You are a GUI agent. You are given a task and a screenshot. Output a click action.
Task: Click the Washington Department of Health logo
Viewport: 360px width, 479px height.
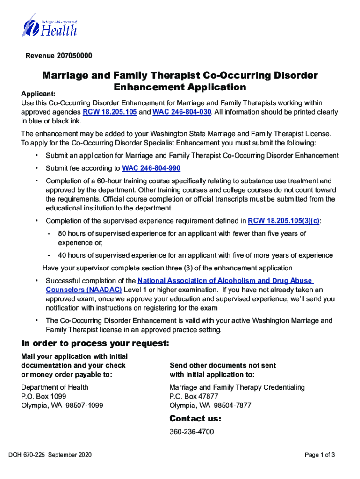click(49, 26)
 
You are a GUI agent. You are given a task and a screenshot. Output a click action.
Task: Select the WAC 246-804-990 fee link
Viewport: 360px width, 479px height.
click(151, 168)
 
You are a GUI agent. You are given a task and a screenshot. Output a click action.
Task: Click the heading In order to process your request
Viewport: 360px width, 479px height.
click(95, 344)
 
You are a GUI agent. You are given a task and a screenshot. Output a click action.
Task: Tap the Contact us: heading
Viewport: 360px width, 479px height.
click(195, 418)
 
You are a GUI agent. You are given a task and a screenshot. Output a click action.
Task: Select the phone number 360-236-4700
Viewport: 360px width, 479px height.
click(192, 432)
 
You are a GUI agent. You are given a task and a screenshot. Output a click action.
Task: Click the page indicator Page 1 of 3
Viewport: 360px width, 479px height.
click(320, 455)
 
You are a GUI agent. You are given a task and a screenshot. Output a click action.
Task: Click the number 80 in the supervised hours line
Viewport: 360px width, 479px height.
click(62, 233)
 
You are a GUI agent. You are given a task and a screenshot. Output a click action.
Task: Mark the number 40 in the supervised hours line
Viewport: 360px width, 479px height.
click(62, 255)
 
